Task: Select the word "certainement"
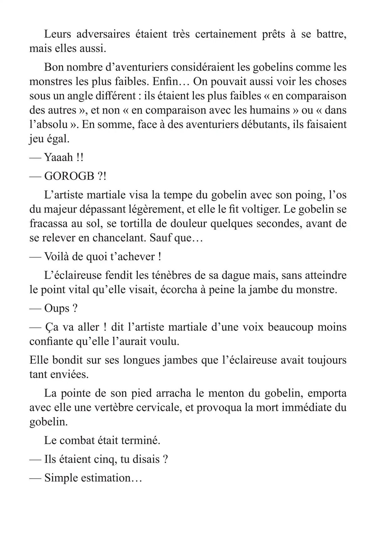(225, 34)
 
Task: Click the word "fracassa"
(51, 224)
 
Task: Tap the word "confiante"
(53, 342)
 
